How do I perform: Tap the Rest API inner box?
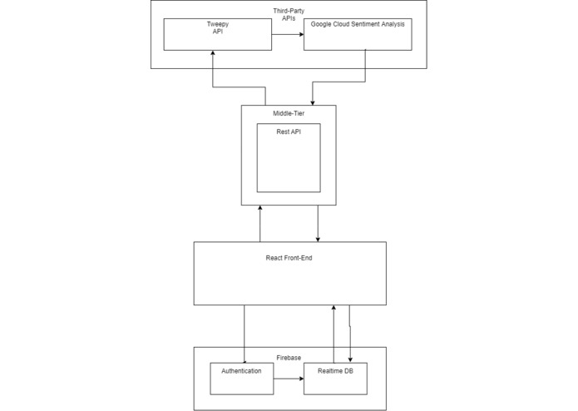pos(288,158)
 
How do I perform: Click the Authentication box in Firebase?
pos(242,379)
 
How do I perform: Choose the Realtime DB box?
pos(335,379)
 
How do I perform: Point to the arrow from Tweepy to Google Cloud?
pos(287,35)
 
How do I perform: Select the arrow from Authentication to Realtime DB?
pos(289,379)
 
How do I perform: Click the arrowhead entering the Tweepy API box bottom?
pos(213,54)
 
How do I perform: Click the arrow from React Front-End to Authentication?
pos(245,333)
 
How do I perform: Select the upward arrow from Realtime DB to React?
pos(333,333)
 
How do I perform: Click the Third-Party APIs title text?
pos(288,14)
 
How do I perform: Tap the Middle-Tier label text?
pos(289,112)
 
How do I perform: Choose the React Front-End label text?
pos(289,258)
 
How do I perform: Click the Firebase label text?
pos(289,357)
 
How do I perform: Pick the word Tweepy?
pos(217,25)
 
